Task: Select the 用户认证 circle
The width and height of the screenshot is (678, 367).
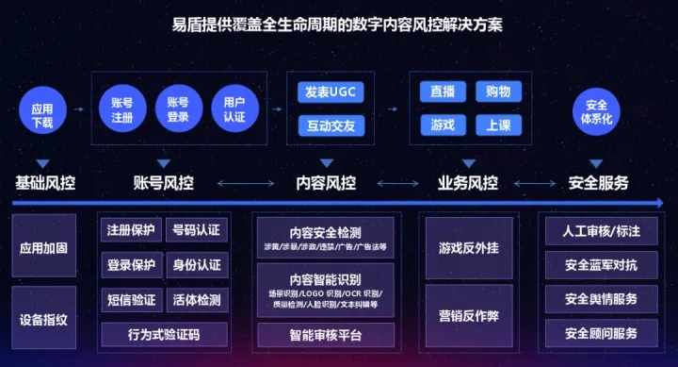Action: click(x=234, y=109)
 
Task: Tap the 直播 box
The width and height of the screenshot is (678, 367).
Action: click(x=443, y=92)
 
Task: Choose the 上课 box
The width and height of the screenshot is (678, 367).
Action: click(x=499, y=125)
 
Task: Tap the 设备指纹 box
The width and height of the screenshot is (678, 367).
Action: click(x=43, y=319)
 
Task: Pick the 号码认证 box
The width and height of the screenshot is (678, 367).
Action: click(x=196, y=229)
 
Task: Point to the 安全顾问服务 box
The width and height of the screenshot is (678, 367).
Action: click(x=601, y=333)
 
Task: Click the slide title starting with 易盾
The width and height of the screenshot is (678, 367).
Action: click(x=339, y=25)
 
